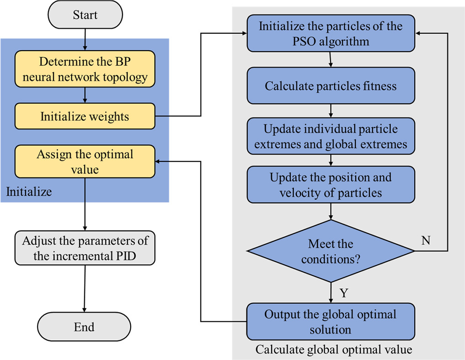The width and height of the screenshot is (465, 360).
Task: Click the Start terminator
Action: pyautogui.click(x=85, y=15)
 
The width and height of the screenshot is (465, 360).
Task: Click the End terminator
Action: pyautogui.click(x=84, y=327)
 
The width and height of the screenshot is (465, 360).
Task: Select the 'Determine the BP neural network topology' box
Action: pyautogui.click(x=85, y=69)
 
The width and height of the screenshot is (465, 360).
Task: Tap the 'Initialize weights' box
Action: pyautogui.click(x=85, y=116)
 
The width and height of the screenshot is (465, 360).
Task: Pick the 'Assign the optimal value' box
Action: pyautogui.click(x=85, y=161)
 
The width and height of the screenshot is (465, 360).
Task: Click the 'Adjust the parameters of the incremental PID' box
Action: pyautogui.click(x=85, y=248)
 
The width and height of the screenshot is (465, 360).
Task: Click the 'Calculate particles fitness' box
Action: pyautogui.click(x=331, y=86)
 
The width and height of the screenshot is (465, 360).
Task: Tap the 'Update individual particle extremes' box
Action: pyautogui.click(x=331, y=137)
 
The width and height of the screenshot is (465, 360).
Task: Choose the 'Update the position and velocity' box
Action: pyautogui.click(x=331, y=185)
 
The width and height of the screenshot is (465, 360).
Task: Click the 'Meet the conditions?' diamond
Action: pyautogui.click(x=331, y=251)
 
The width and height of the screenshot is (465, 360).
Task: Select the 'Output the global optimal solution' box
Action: pyautogui.click(x=331, y=322)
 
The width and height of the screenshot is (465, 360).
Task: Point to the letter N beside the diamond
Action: pyautogui.click(x=425, y=241)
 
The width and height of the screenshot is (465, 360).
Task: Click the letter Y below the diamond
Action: pyautogui.click(x=344, y=293)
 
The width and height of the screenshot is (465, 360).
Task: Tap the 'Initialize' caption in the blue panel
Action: pyautogui.click(x=29, y=192)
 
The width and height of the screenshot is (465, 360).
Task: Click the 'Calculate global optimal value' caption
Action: pyautogui.click(x=334, y=350)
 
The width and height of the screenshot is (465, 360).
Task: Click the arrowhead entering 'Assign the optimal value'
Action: pyautogui.click(x=159, y=161)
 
